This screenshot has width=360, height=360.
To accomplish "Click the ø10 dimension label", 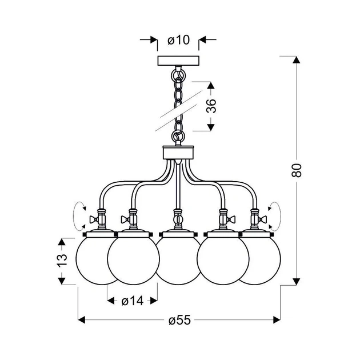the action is pos(178,40).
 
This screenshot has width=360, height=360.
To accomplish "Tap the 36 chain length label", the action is pos(211,106).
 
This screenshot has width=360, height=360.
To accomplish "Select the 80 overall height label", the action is pos(297,170).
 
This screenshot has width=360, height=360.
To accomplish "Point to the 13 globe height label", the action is pos(62,260).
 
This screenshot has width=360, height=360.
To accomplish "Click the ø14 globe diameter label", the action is pos(133,301).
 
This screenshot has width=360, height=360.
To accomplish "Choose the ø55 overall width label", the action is pos(179,320).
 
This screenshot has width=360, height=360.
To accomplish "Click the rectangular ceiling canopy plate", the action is pos(178,61).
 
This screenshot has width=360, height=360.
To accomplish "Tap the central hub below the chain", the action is pos(178,153).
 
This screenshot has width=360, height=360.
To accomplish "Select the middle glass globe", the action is pos(178,261).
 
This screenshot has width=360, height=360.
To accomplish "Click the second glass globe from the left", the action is pos(133,261).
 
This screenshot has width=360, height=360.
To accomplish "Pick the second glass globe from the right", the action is pos(223,261).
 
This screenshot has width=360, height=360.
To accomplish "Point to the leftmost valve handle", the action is pos(94,220).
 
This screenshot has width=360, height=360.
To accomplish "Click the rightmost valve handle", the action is pos(262,220).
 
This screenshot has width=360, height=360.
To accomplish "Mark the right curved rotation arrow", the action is pos(274,216).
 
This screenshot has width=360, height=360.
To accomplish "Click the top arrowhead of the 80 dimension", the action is pos(297,59).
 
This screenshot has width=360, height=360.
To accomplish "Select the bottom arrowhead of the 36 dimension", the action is pos(211,127).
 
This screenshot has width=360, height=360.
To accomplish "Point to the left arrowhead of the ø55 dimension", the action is pos(82,320).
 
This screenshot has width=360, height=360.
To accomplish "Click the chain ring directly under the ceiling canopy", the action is pos(178,75).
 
